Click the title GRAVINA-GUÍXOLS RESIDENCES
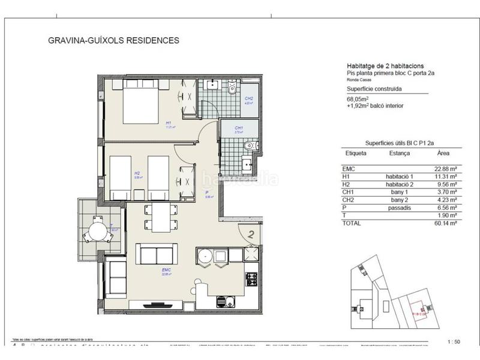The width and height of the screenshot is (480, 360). tap(113, 41)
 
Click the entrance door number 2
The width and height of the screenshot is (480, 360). tap(252, 235)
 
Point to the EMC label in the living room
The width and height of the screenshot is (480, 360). tap(166, 271)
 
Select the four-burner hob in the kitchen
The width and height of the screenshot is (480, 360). tap(251, 279)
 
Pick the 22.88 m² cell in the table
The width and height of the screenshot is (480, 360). tap(445, 169)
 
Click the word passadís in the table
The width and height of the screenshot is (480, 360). tap(397, 207)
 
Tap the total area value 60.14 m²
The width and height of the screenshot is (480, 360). tap(445, 222)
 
